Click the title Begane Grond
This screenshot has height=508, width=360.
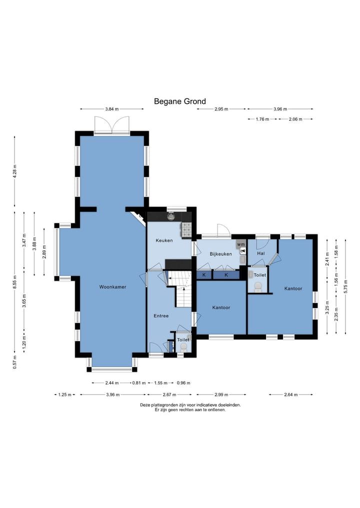pos(179,101)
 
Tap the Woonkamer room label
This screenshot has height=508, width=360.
pos(112,287)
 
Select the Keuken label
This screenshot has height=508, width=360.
pos(164,240)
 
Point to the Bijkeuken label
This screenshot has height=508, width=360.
pos(220,254)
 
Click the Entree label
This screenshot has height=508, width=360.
pos(161,316)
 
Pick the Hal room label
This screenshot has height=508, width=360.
pos(261,253)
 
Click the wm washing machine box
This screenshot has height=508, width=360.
pos(240,244)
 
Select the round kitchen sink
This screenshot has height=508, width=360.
pos(171,216)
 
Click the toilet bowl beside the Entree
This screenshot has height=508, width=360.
pos(183,348)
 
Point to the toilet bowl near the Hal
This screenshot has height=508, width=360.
pos(258,286)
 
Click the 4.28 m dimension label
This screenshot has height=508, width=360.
pos(14,171)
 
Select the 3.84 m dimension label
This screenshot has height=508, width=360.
pos(112,109)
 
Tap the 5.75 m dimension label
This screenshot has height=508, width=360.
pos(345,286)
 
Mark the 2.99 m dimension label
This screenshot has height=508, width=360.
pos(221,395)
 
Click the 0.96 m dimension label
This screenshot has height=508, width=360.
pos(183,383)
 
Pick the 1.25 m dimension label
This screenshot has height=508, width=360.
pos(64,395)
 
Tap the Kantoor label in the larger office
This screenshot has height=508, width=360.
pos(293,288)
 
